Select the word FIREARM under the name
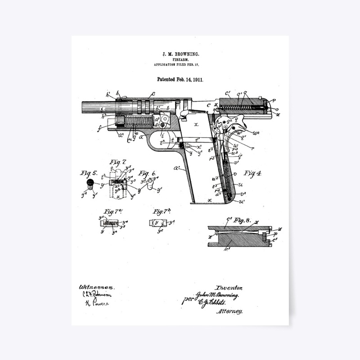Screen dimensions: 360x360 pos(181,59)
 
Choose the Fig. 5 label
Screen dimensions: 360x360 pos(89,173)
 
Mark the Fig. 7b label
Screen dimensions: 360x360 pos(162,211)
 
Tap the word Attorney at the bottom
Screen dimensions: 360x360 pos(230,311)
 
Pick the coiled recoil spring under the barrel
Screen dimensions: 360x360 pos(138,122)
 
